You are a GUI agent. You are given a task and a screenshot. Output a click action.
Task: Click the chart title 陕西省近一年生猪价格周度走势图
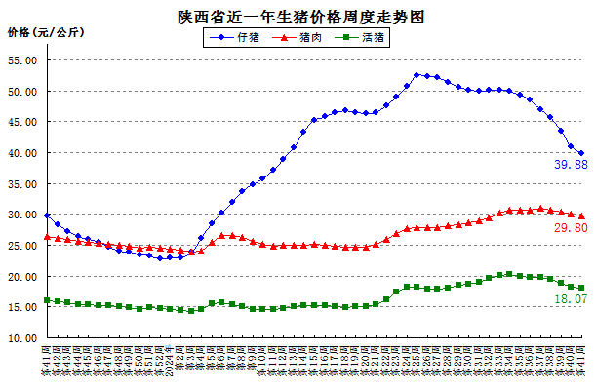pyautogui.click(x=299, y=17)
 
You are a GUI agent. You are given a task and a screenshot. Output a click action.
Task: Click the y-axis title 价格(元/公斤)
pyautogui.click(x=45, y=32)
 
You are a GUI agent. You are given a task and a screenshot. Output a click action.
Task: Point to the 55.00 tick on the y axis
pyautogui.click(x=22, y=60)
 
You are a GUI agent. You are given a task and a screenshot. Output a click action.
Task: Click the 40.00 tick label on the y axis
pyautogui.click(x=22, y=153)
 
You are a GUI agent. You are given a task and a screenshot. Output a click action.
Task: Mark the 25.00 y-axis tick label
pyautogui.click(x=22, y=246)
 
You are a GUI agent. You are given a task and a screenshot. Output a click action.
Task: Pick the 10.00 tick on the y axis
pyautogui.click(x=22, y=338)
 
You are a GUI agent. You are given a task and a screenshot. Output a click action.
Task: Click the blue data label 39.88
pyautogui.click(x=569, y=165)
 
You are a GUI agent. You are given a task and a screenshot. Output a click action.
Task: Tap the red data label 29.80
pyautogui.click(x=569, y=227)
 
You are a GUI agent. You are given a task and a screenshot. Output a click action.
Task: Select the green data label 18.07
pyautogui.click(x=569, y=299)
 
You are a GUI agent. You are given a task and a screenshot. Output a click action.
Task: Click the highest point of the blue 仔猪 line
pyautogui.click(x=417, y=75)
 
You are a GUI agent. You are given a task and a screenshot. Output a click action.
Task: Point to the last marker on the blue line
pyautogui.click(x=581, y=153)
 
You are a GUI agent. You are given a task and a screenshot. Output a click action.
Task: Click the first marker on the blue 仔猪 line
pyautogui.click(x=47, y=215)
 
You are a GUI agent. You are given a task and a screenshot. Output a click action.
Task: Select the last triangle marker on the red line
pyautogui.click(x=581, y=215)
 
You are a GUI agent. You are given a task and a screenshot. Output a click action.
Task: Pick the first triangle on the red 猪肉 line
pyautogui.click(x=47, y=237)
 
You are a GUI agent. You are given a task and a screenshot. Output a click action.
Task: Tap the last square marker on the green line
pyautogui.click(x=581, y=288)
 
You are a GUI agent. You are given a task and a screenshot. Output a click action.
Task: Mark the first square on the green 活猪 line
pyautogui.click(x=47, y=300)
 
